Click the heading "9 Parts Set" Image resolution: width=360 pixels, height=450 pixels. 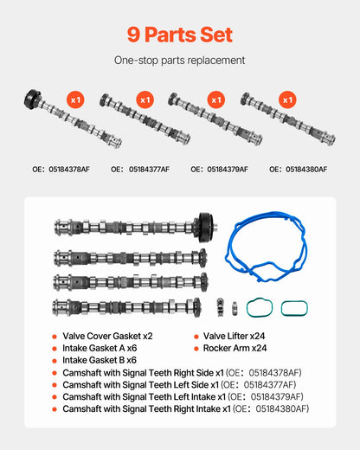click(180, 35)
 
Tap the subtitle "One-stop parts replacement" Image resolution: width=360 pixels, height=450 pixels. click(179, 61)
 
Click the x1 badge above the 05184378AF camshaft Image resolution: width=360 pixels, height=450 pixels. click(75, 100)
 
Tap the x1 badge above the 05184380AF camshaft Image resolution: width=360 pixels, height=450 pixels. click(287, 100)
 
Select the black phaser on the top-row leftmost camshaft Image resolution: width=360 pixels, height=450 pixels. click(32, 99)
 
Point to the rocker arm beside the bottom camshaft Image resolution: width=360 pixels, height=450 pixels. click(220, 307)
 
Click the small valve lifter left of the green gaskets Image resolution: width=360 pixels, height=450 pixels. click(235, 309)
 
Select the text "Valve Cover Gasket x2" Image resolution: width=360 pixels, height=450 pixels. click(107, 336)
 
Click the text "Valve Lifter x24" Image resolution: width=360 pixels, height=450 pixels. click(234, 336)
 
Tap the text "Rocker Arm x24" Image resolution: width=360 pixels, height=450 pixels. click(235, 348)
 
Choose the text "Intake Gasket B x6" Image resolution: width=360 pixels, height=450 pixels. click(100, 360)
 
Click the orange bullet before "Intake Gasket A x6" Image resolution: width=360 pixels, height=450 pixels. click(55, 349)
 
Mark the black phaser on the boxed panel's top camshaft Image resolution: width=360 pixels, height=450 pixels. click(206, 228)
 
